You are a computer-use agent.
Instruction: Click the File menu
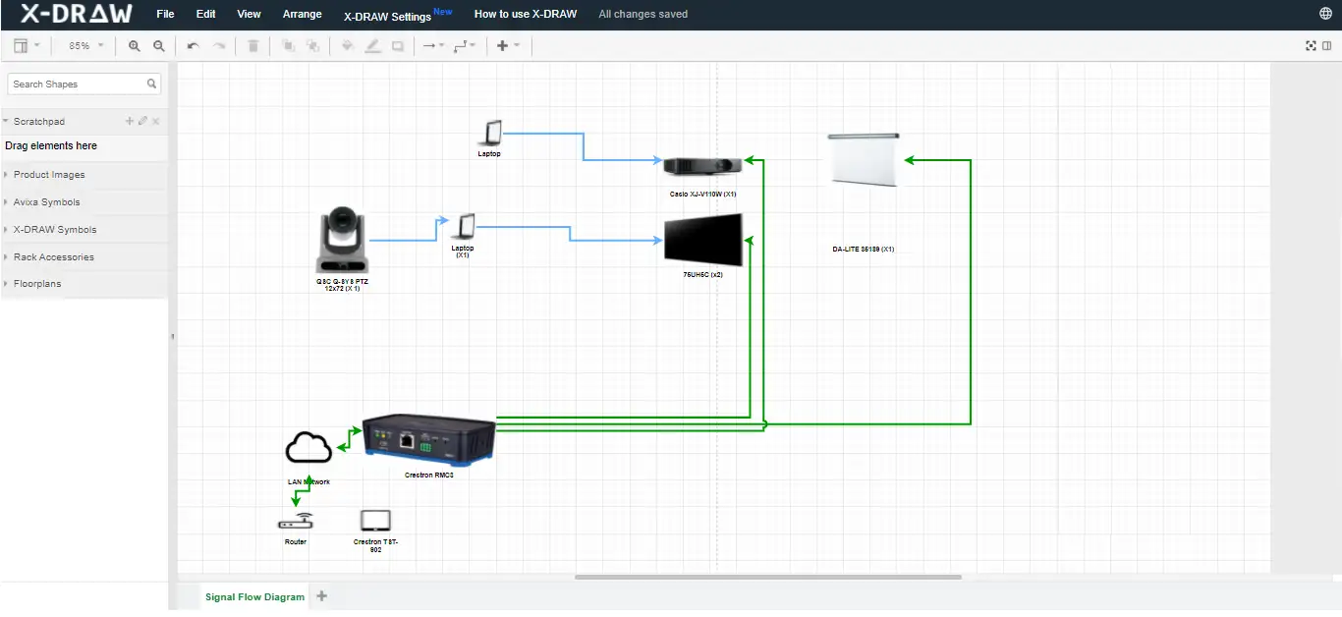165,15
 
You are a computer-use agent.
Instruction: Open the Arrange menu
302,15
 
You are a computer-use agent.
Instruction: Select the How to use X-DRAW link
525,15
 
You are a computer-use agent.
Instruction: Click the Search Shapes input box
78,84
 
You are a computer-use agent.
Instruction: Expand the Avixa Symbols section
46,202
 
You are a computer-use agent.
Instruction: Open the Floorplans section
36,284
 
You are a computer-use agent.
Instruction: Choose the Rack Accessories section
53,257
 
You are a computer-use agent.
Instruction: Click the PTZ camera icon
343,240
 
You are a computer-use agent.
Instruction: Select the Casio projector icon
699,166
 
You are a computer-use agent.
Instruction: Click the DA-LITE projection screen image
865,158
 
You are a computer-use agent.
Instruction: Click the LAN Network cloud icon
308,449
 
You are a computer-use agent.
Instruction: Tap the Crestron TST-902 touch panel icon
375,521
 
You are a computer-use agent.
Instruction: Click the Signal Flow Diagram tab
254,597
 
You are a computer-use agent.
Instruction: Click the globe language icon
1326,14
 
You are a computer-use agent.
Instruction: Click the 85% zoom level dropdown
85,46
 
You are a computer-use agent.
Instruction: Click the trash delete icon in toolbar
252,46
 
